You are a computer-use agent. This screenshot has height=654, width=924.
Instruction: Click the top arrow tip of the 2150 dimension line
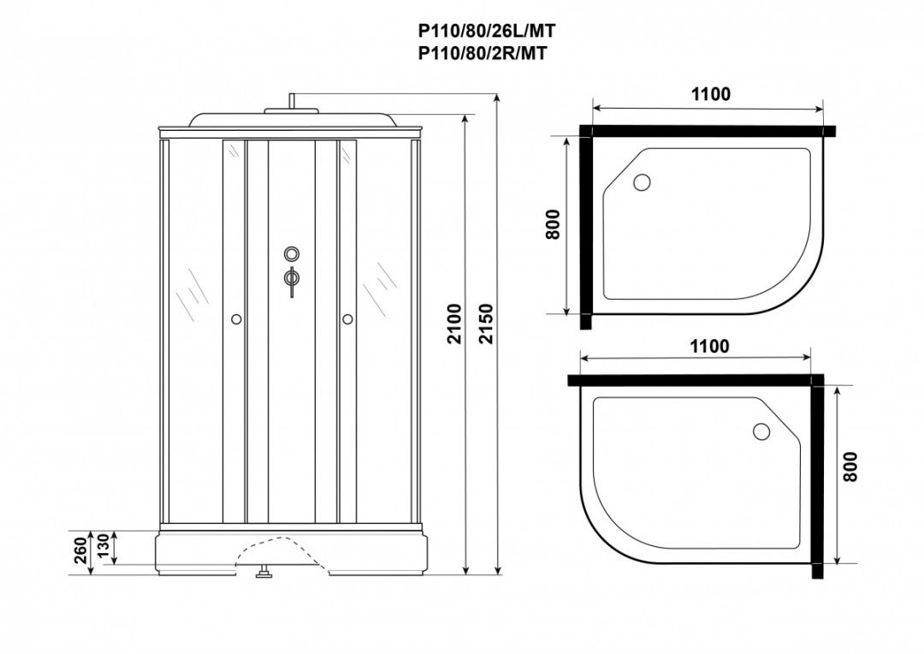[499, 93]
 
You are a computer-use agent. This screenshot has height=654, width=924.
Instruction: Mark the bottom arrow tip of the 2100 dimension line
[465, 574]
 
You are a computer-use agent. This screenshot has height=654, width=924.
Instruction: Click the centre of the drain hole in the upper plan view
[642, 182]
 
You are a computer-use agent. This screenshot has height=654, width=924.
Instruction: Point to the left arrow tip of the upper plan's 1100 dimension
[592, 109]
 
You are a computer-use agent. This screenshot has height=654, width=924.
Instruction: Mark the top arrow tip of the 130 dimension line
[113, 531]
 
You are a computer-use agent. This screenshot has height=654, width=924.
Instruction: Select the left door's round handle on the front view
[236, 319]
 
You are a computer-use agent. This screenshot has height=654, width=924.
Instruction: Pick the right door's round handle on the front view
[347, 319]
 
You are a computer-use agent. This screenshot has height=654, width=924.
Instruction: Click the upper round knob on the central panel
[292, 254]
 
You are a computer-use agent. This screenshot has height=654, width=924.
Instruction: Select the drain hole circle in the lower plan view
[761, 431]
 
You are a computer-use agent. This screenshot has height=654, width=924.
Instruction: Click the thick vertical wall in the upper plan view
[585, 227]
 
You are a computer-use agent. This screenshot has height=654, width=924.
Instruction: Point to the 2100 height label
[453, 324]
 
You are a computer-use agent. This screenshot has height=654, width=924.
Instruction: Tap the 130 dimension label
[102, 547]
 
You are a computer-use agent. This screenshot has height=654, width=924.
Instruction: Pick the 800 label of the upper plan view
[552, 224]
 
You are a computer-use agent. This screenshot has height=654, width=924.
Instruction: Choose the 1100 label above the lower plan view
[709, 346]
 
